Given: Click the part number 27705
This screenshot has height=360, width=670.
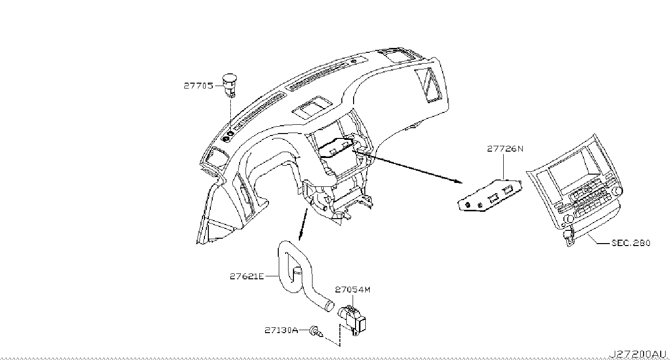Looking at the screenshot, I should point(198,86).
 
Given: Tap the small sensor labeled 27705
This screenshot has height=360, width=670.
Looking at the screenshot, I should point(229,84).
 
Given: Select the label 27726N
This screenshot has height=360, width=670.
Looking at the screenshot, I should point(505,149).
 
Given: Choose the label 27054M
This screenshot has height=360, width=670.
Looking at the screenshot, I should point(353,290).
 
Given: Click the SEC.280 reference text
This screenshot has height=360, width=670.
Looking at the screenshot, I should point(631,243).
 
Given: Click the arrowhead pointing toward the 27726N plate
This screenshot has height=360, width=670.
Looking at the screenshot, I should point(458,181).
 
